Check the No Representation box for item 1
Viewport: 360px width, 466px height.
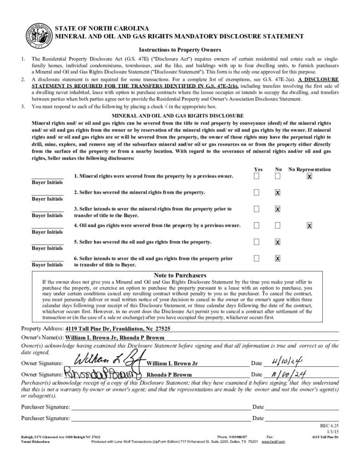point(309,176)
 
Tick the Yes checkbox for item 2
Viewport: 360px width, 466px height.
point(257,192)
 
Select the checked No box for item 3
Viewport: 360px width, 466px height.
point(278,209)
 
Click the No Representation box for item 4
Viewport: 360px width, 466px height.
point(309,225)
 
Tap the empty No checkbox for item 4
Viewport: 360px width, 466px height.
point(278,225)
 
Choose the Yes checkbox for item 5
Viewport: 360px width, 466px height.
point(257,242)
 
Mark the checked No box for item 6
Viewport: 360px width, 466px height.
point(278,258)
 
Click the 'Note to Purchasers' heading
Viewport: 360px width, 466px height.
point(180,275)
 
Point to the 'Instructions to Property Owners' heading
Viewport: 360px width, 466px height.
point(180,50)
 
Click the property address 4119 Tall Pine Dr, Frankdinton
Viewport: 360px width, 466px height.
point(118,329)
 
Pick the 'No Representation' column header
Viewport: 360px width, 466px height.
point(309,169)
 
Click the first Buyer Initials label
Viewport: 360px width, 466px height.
point(47,182)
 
